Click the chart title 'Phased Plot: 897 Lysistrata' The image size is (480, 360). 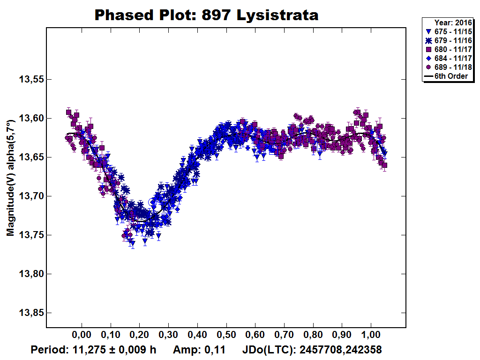[x=206, y=15]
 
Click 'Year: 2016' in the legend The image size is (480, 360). [x=450, y=22]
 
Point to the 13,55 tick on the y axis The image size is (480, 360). [x=30, y=80]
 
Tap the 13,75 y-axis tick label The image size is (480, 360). [x=30, y=235]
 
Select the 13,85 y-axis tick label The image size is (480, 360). [x=30, y=313]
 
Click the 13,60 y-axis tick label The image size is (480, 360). [x=30, y=119]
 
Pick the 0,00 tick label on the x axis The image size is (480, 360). [x=82, y=336]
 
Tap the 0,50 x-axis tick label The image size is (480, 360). [x=226, y=336]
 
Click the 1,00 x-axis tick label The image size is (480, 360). [x=371, y=336]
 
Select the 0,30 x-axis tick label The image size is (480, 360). [x=168, y=336]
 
